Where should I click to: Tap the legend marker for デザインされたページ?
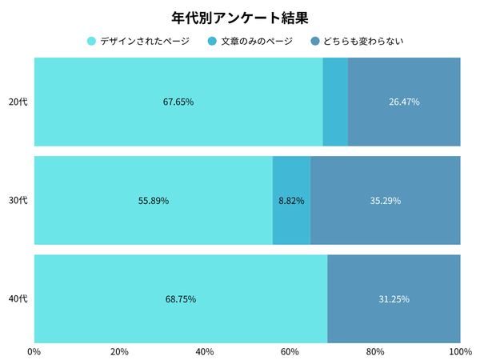91,41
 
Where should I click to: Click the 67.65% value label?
178,102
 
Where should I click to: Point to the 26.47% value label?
404,102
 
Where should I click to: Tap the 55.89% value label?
154,201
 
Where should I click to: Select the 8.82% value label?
291,201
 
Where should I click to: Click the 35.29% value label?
385,201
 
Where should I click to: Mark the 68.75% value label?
181,299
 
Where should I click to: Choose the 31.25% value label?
394,299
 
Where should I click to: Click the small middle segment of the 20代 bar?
335,102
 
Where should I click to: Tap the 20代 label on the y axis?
18,102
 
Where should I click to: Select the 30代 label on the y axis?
18,201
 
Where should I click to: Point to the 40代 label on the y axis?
18,299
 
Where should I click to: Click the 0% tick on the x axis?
34,350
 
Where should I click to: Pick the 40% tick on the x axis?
204,350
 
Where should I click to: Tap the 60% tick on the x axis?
290,350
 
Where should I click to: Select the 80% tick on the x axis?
374,350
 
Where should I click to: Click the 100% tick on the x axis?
460,350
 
